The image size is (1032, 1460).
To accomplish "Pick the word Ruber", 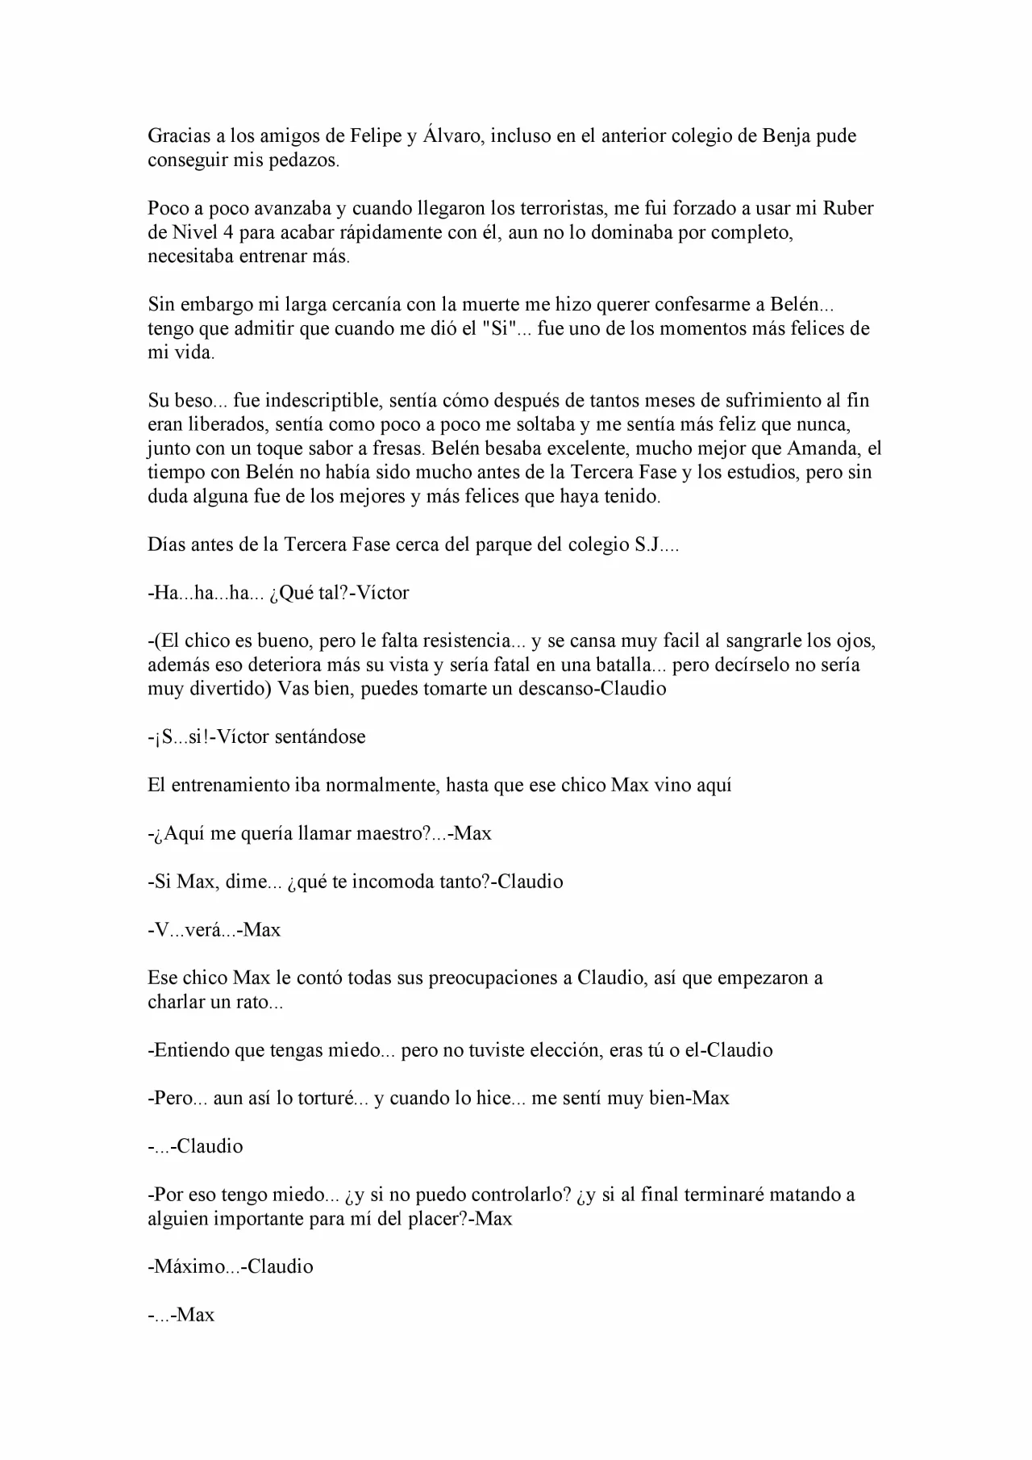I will point(847,208).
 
